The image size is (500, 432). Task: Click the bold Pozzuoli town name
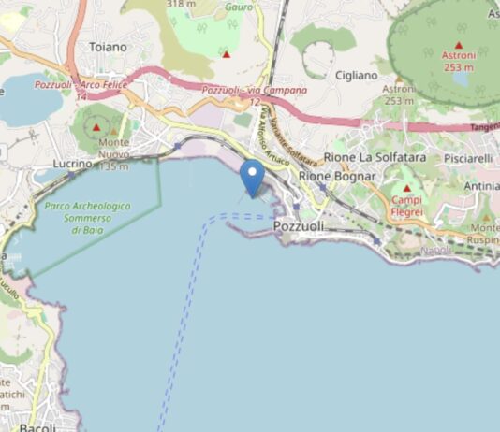coord(298,226)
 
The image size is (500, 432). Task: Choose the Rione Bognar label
coord(336,176)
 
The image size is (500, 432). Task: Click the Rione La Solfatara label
coord(375,157)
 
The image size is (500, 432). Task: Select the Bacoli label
coord(38,426)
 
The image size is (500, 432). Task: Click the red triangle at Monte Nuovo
coord(96,125)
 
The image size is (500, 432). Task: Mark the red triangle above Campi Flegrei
coord(406,187)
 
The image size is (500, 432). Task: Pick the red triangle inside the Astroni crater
coord(459,44)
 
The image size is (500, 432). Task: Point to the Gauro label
coord(240,7)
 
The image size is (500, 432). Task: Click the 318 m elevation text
coord(182,4)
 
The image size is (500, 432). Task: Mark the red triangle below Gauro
coord(227,54)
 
